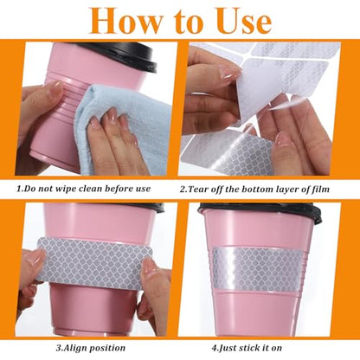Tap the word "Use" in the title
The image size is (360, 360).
[x=245, y=21]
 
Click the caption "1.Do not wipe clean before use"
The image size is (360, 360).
[x=83, y=189]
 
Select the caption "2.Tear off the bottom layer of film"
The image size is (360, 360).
[x=254, y=190]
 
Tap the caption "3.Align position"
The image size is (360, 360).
[x=91, y=348]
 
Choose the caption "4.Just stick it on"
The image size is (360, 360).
[x=247, y=348]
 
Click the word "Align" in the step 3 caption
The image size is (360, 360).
[x=77, y=348]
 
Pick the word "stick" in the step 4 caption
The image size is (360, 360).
[x=247, y=348]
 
